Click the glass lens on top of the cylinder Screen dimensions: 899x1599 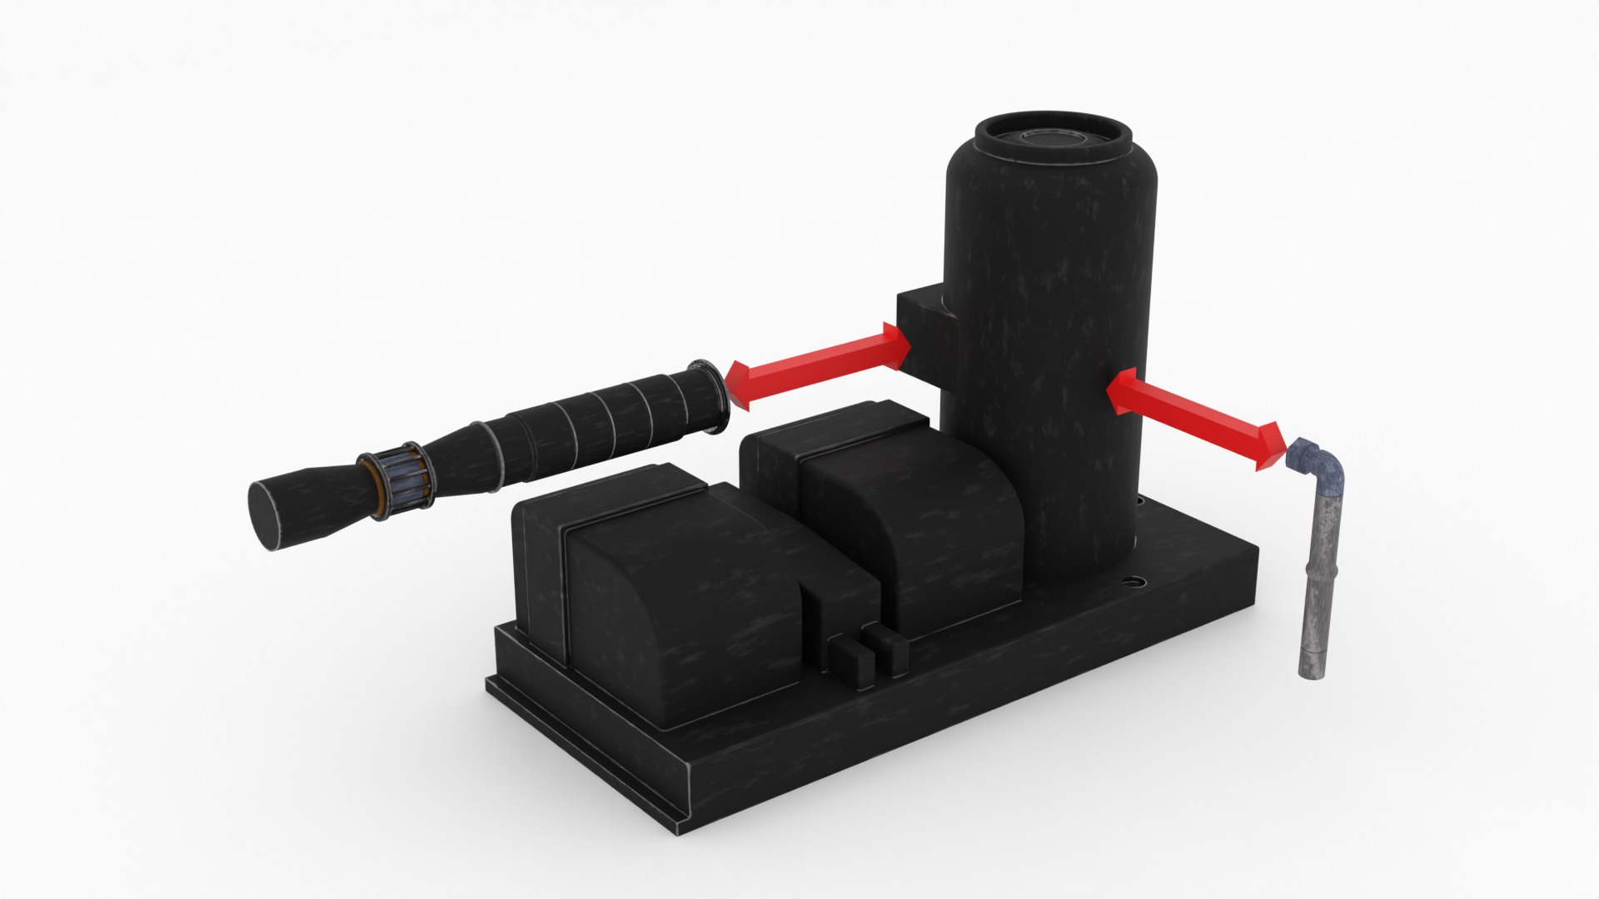(1053, 137)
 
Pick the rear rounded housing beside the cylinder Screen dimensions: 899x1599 (908, 516)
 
